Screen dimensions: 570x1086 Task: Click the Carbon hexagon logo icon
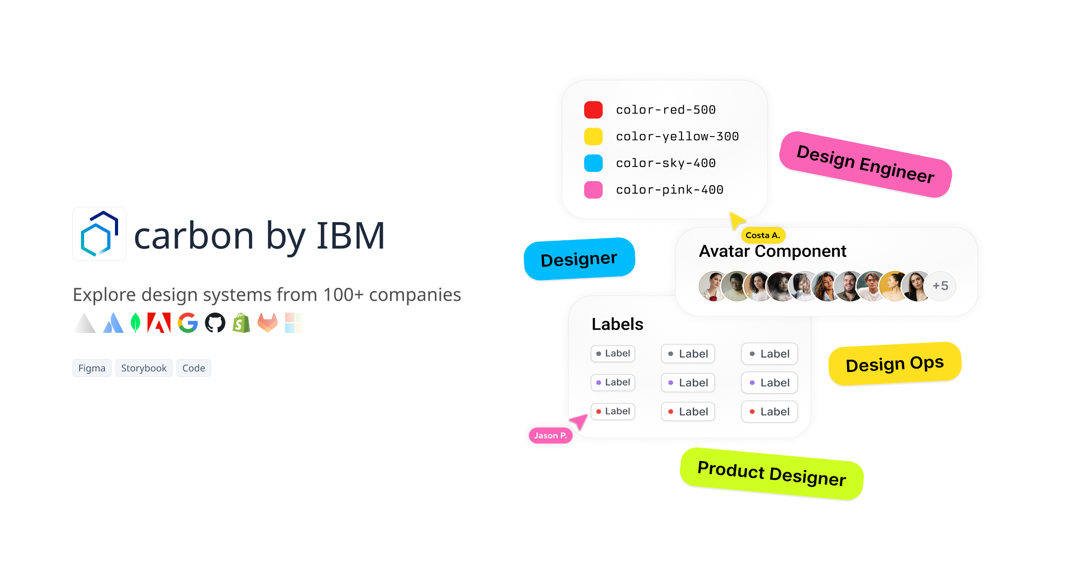pyautogui.click(x=100, y=234)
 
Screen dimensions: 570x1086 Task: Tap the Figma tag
pyautogui.click(x=92, y=368)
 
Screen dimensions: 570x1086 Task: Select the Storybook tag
pyautogui.click(x=144, y=368)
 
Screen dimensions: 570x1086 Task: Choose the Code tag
pyautogui.click(x=194, y=368)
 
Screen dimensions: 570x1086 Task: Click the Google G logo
pyautogui.click(x=188, y=323)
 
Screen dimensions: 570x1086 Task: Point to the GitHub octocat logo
pyautogui.click(x=215, y=323)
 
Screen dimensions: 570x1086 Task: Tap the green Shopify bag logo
pyautogui.click(x=242, y=323)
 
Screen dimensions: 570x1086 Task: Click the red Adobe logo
pyautogui.click(x=159, y=323)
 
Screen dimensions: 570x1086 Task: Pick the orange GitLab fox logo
pyautogui.click(x=267, y=323)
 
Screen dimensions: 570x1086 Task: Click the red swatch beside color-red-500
pyautogui.click(x=593, y=110)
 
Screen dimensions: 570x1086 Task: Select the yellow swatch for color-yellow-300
pyautogui.click(x=593, y=137)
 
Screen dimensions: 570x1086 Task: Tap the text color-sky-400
pyautogui.click(x=666, y=163)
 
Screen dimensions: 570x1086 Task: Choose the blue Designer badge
pyautogui.click(x=579, y=259)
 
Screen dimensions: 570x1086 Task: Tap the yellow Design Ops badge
pyautogui.click(x=895, y=364)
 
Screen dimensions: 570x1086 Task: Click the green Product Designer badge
pyautogui.click(x=772, y=474)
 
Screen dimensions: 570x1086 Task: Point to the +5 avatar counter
pyautogui.click(x=940, y=286)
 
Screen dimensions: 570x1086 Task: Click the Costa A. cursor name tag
pyautogui.click(x=763, y=235)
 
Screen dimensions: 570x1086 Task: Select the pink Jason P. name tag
pyautogui.click(x=550, y=436)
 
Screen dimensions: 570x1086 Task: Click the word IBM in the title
pyautogui.click(x=351, y=236)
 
